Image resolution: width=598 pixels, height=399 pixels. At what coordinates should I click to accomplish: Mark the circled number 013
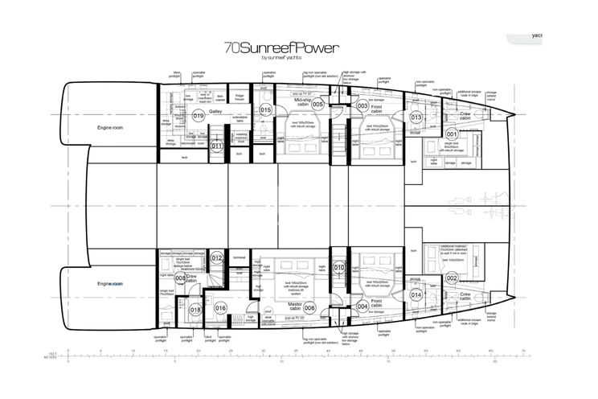[x=416, y=117]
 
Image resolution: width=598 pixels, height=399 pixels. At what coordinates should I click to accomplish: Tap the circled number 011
[x=216, y=146]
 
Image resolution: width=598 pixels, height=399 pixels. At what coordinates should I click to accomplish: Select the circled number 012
[x=216, y=258]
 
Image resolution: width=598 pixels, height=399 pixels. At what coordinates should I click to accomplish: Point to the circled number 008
[x=180, y=278]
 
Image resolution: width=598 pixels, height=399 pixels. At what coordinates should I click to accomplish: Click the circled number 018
[x=195, y=309]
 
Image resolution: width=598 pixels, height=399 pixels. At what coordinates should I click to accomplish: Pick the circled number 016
[x=222, y=308]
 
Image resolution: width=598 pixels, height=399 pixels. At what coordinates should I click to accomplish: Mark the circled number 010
[x=339, y=268]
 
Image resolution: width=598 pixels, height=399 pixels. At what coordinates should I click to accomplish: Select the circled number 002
[x=452, y=278]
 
